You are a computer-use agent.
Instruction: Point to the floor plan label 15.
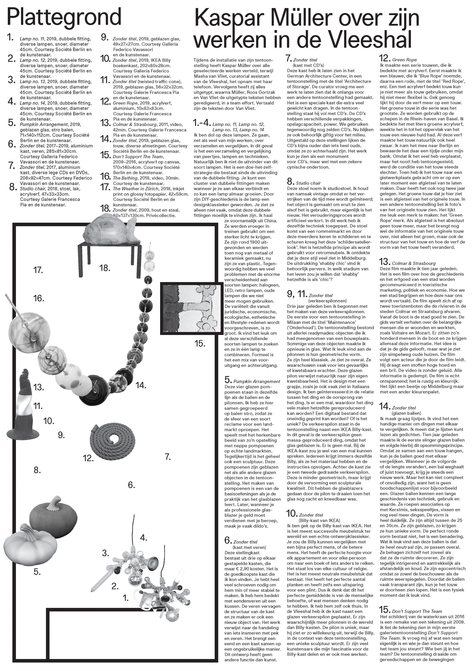[x=200, y=343]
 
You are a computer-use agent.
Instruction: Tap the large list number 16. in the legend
[x=105, y=176]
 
